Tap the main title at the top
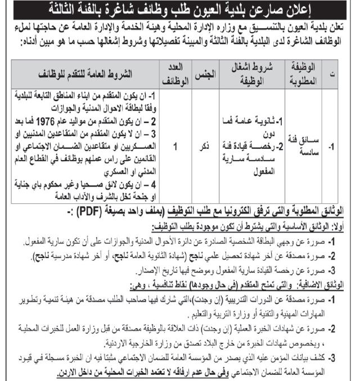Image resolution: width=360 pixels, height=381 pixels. tap(179, 8)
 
